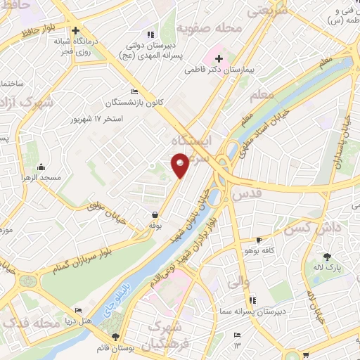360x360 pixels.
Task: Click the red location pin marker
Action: [x=181, y=164]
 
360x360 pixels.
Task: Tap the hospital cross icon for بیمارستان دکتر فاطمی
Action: [x=219, y=58]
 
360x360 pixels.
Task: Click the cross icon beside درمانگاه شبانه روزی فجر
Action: [x=75, y=30]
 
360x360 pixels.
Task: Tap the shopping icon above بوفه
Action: [x=154, y=214]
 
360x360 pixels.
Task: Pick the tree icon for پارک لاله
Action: [x=326, y=257]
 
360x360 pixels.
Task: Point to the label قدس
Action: [x=245, y=193]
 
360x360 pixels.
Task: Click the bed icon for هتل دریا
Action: [x=78, y=310]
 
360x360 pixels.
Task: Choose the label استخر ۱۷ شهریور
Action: [x=97, y=119]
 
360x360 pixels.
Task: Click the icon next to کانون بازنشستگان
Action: [x=134, y=91]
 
